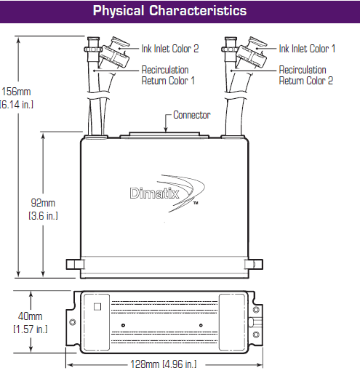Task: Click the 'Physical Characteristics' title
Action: [x=169, y=11]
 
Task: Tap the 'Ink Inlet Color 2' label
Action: [x=170, y=49]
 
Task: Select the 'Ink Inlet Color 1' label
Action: [x=307, y=49]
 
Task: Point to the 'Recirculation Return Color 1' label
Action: [x=168, y=75]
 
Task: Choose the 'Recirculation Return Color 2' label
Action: [x=306, y=75]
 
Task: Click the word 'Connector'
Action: [x=192, y=115]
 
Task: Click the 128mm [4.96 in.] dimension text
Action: [x=164, y=364]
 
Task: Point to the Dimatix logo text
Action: [x=154, y=193]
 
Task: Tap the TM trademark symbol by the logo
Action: [x=196, y=203]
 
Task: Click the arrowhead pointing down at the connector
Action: [x=166, y=129]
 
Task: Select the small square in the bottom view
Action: [x=97, y=307]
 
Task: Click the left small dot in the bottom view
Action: [x=123, y=325]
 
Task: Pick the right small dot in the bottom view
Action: [x=201, y=325]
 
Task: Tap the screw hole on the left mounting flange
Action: [x=73, y=322]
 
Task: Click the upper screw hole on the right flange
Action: [x=256, y=310]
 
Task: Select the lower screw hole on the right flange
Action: [x=256, y=335]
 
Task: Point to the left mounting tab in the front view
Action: [x=75, y=265]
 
